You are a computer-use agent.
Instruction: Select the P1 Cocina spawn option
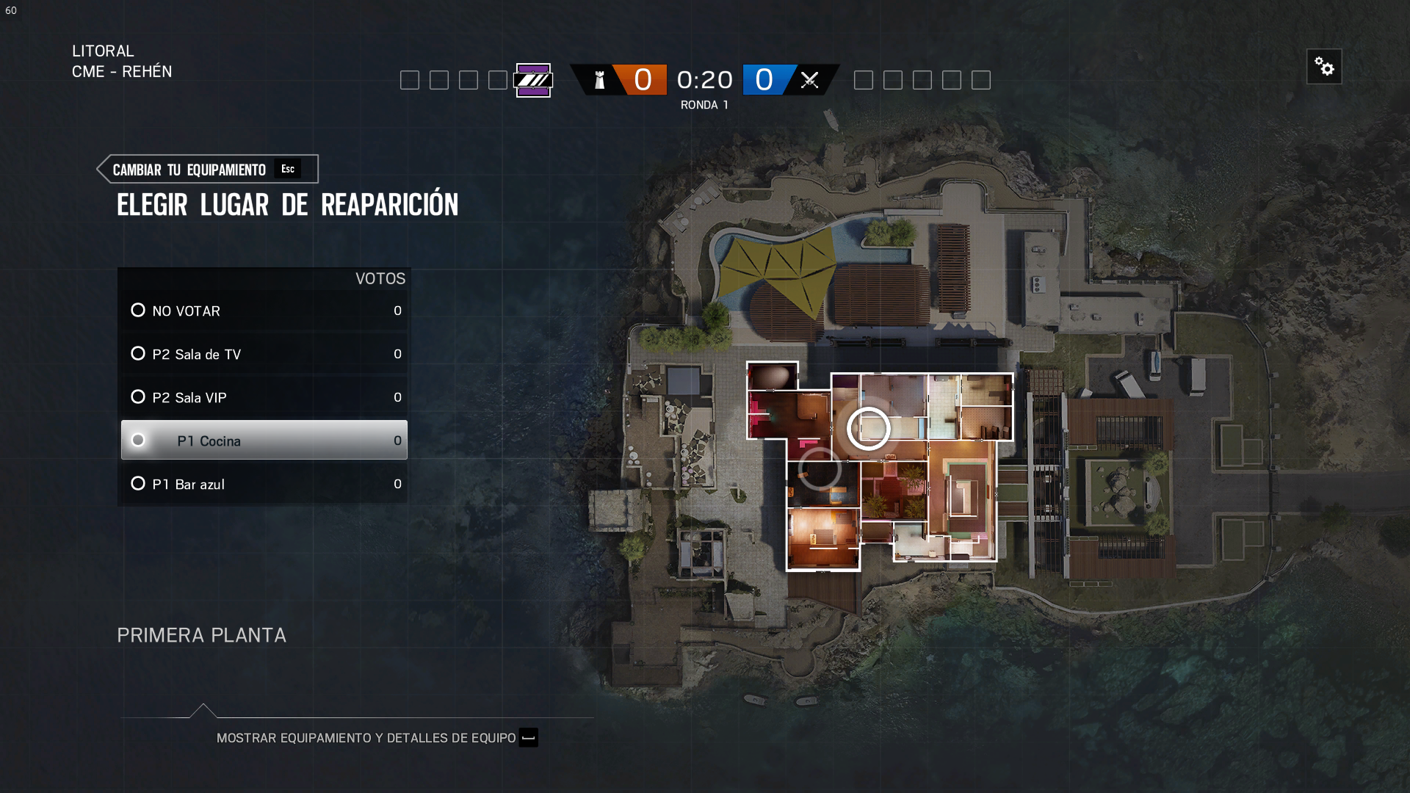click(264, 441)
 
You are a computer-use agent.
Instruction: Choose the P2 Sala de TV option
click(264, 354)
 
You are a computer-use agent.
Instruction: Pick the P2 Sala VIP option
click(264, 397)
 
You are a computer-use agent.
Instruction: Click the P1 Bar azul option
click(264, 484)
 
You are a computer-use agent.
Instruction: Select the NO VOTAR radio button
click(138, 311)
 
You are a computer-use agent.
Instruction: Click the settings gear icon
click(1324, 67)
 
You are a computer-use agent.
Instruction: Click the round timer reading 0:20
click(704, 79)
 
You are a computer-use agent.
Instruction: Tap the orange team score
click(643, 79)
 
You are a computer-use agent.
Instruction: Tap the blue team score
click(764, 79)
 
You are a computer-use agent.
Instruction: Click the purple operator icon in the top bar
click(533, 80)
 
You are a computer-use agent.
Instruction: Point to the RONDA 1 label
click(704, 105)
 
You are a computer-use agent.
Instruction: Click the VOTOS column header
click(380, 279)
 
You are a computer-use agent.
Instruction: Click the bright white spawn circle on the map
click(869, 428)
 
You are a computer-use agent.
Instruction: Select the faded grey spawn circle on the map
click(820, 468)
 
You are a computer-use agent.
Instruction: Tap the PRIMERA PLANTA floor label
click(201, 635)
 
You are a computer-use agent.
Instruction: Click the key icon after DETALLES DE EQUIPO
click(528, 738)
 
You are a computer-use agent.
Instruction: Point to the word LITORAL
click(103, 51)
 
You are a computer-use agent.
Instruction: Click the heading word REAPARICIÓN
click(389, 205)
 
